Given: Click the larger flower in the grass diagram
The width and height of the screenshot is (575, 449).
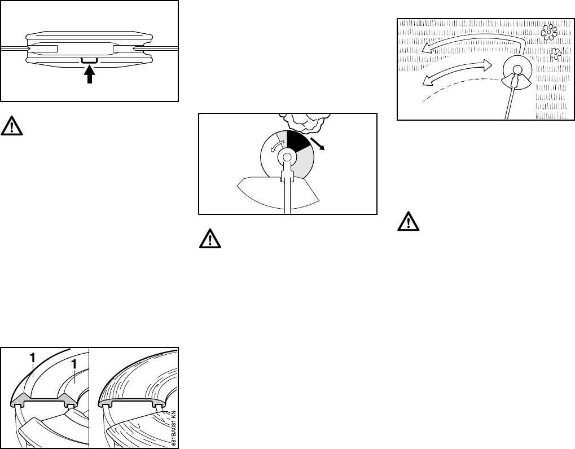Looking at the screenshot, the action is [548, 33].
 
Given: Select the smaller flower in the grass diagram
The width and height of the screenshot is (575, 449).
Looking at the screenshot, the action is [555, 54].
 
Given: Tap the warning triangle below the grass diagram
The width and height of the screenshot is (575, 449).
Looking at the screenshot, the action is [406, 223].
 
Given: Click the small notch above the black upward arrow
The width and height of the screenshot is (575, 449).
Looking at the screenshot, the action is [90, 59].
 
